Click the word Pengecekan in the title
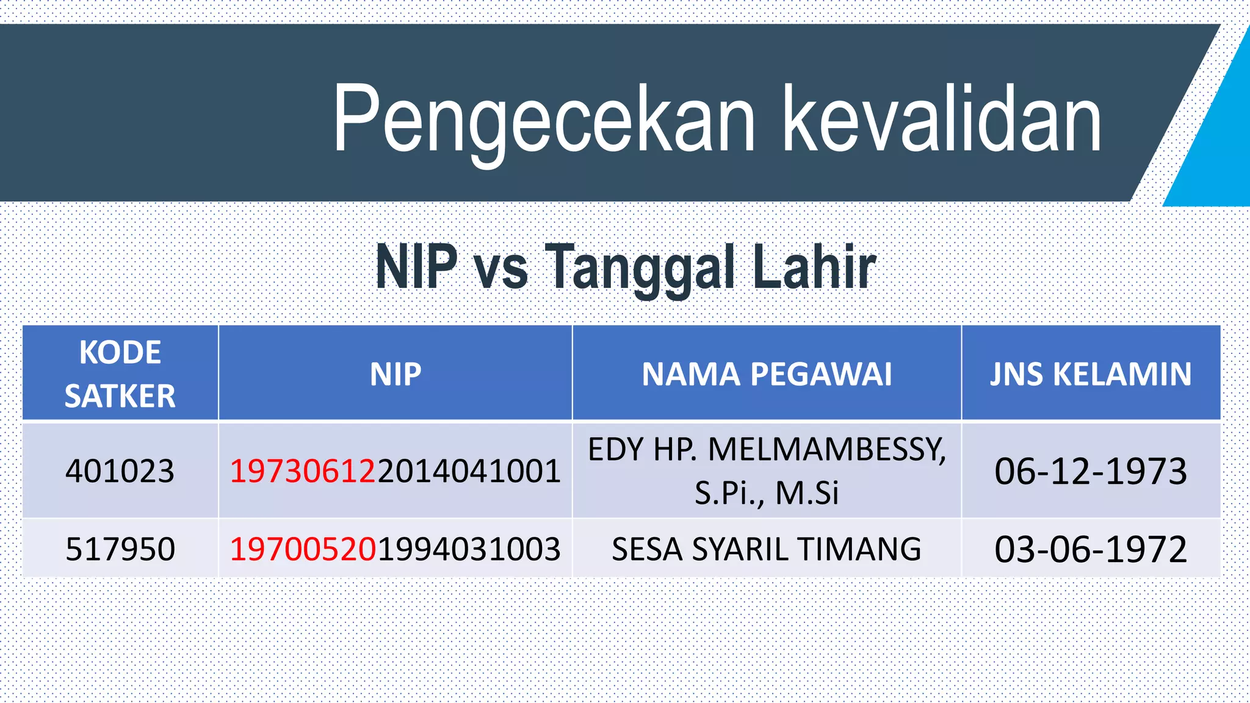point(543,119)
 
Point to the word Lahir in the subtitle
point(814,267)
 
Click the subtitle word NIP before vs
point(416,267)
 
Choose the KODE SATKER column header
point(120,373)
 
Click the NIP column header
point(396,374)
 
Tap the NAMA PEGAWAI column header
point(767,374)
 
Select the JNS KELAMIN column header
point(1091,374)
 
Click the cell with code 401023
point(120,471)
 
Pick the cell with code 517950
point(120,549)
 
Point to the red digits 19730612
point(303,471)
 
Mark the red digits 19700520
point(303,549)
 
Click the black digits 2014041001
point(469,471)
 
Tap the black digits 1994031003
point(469,549)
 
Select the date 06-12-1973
point(1091,471)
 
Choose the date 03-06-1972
point(1091,549)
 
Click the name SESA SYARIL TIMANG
point(767,549)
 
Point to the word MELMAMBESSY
point(827,450)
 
